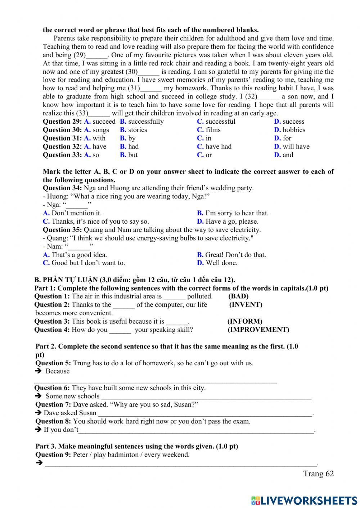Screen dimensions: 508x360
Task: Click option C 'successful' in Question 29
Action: click(x=216, y=122)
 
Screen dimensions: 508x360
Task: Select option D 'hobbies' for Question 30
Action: click(x=289, y=130)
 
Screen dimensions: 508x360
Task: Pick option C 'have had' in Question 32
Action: click(x=215, y=146)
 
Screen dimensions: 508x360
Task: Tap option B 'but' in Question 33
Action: click(x=129, y=155)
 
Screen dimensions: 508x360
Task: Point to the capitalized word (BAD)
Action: click(x=238, y=296)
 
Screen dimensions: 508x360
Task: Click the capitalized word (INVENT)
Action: click(x=246, y=305)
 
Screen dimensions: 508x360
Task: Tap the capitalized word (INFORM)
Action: click(x=245, y=321)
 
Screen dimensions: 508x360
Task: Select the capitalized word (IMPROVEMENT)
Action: click(x=258, y=330)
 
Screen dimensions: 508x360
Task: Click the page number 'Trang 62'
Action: click(x=318, y=473)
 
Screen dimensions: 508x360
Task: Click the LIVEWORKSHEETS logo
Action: click(x=304, y=500)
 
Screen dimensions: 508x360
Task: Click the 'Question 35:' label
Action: click(x=62, y=230)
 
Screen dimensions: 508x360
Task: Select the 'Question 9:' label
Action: click(x=53, y=455)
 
